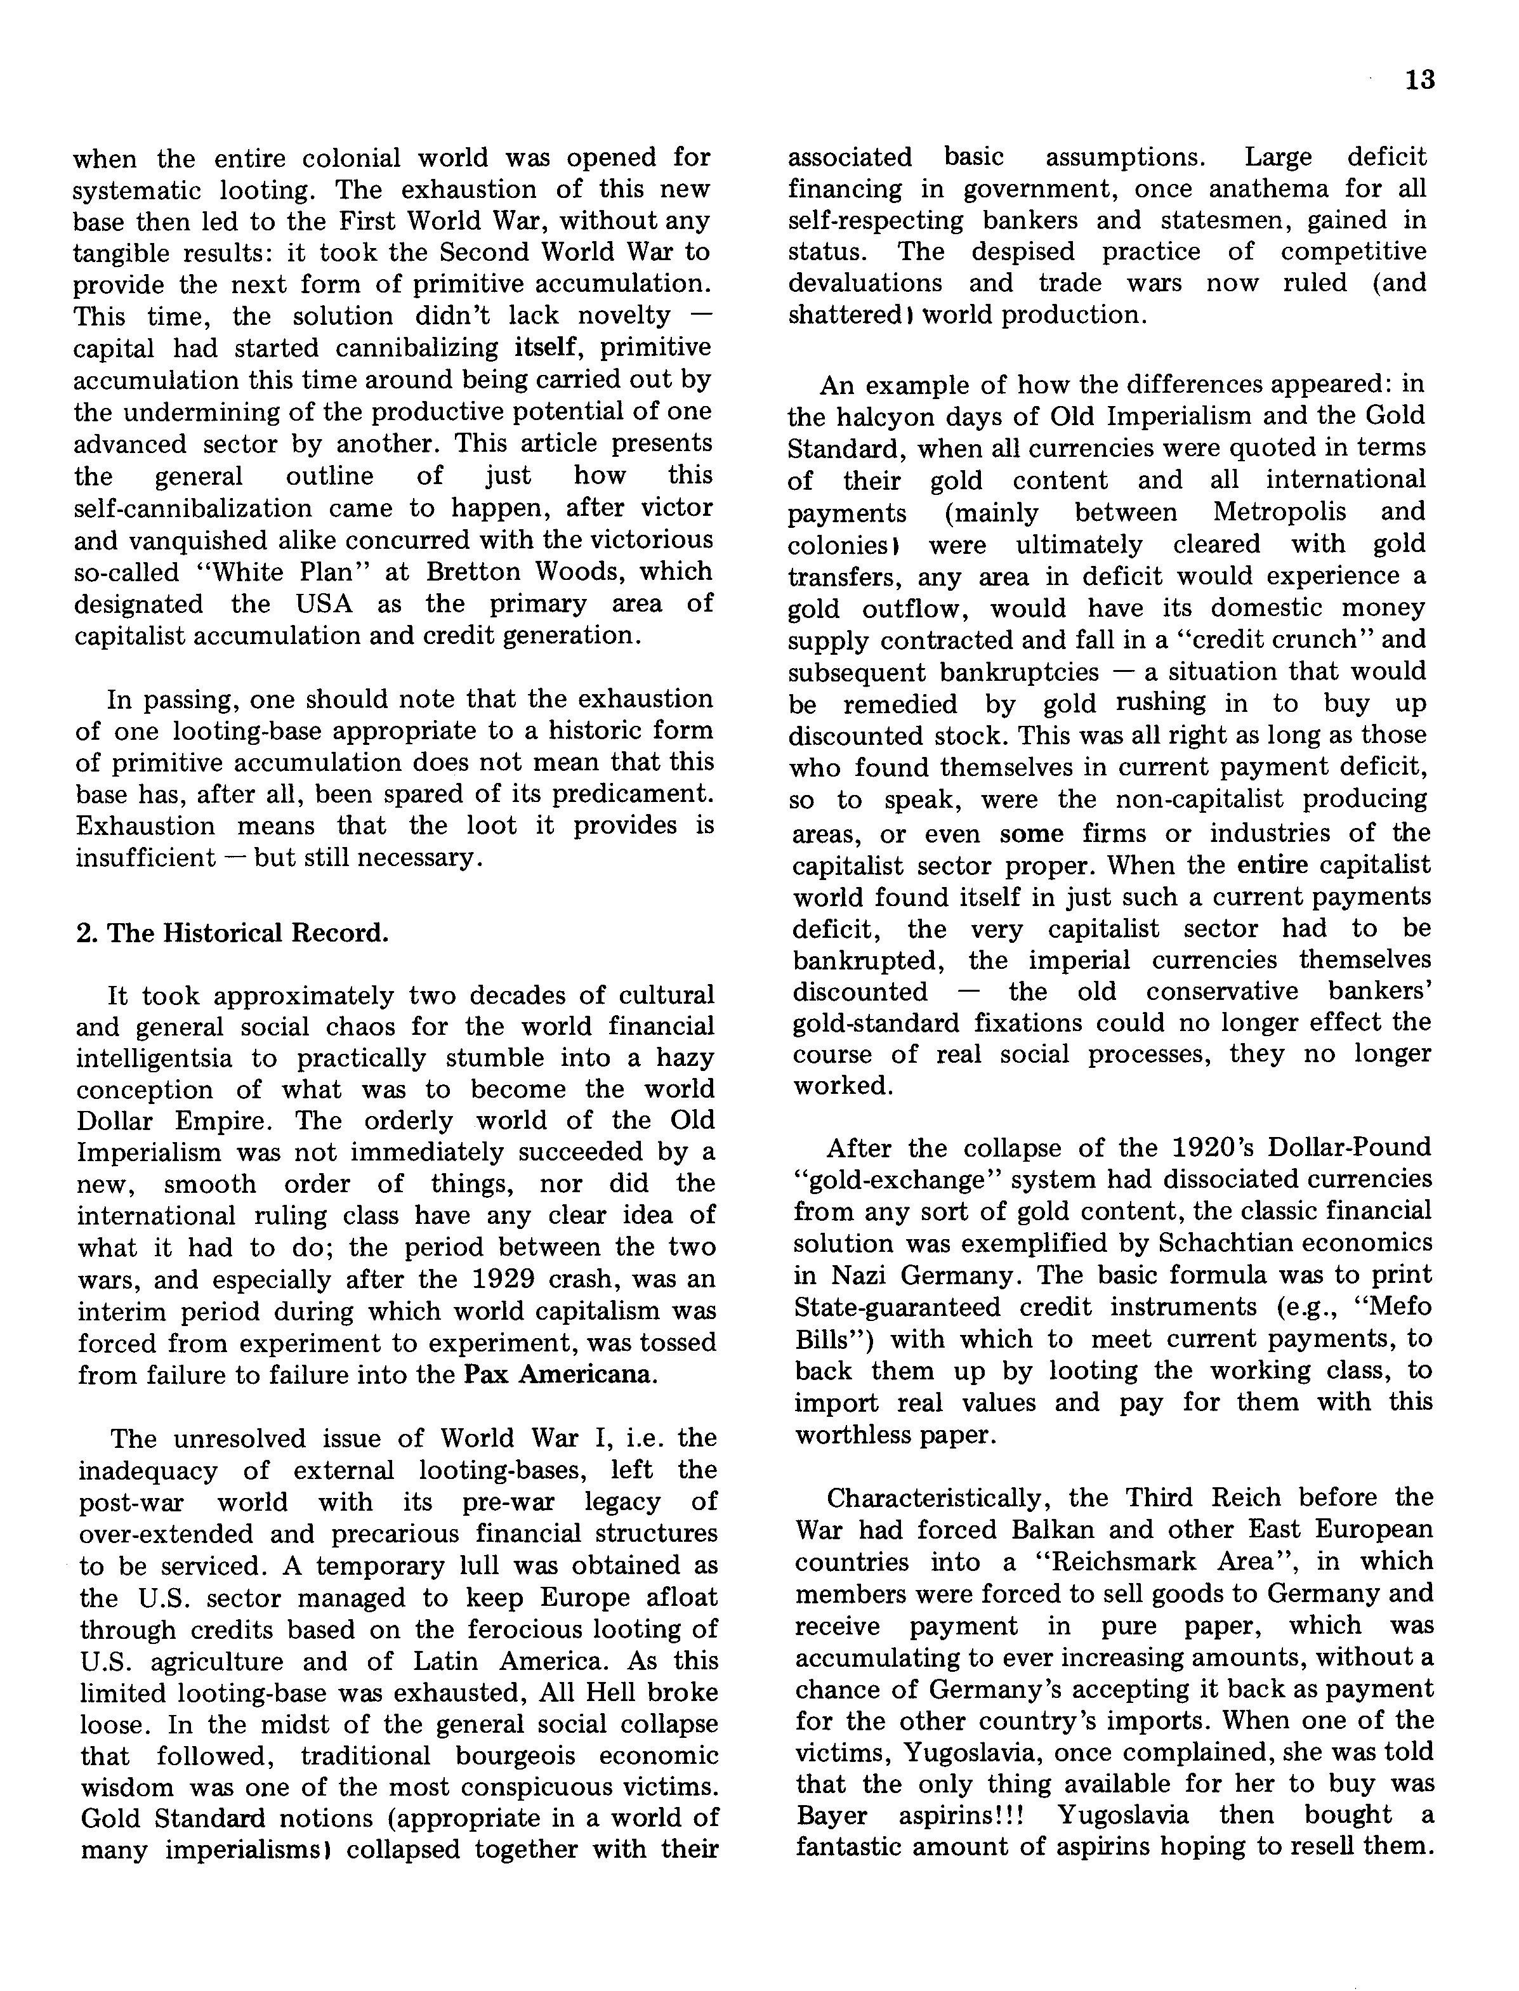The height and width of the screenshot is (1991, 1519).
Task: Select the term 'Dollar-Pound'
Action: [x=1350, y=1147]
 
